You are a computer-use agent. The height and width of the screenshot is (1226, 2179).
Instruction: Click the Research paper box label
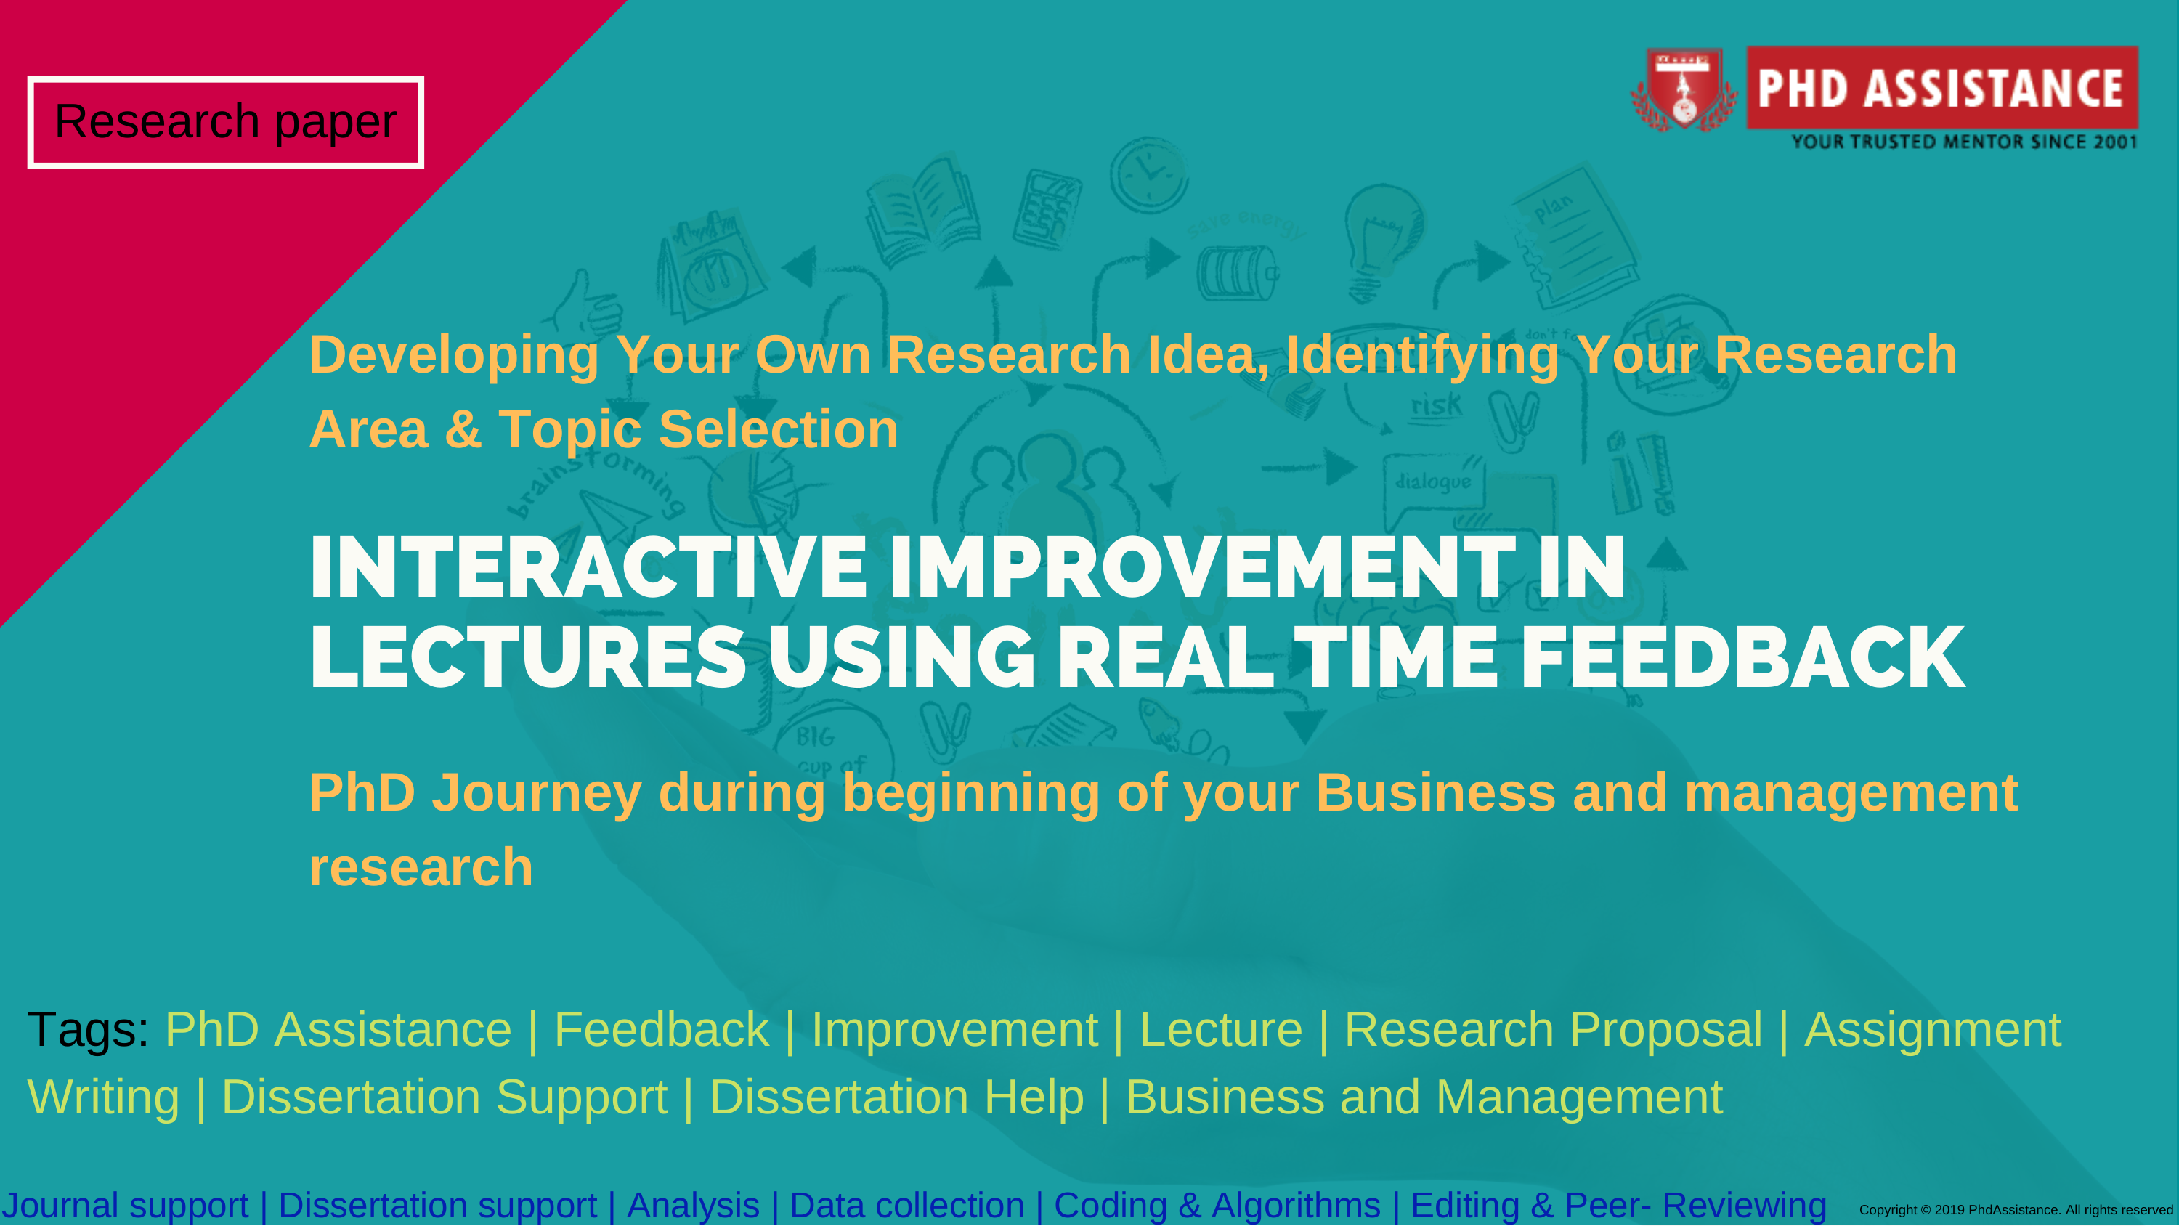click(x=225, y=123)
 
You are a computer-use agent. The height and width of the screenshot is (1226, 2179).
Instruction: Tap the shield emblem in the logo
click(x=1684, y=89)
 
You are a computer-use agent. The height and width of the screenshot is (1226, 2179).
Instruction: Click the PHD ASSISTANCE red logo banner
click(x=1942, y=87)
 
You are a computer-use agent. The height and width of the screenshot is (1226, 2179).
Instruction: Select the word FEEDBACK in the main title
click(x=1742, y=657)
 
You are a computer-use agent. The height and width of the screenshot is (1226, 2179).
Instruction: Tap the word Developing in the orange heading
click(x=454, y=354)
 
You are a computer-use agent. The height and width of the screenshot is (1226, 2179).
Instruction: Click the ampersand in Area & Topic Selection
click(x=463, y=429)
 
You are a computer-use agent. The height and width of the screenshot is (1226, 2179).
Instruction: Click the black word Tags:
click(x=88, y=1030)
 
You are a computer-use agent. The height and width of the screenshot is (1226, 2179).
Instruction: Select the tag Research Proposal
click(x=1553, y=1030)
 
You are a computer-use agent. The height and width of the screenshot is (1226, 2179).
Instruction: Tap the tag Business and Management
click(x=1424, y=1097)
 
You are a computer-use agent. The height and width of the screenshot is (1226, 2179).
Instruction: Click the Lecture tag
click(x=1221, y=1030)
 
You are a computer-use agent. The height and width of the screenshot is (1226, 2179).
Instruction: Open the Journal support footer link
click(x=125, y=1205)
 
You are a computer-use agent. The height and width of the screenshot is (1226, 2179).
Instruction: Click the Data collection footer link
click(x=906, y=1205)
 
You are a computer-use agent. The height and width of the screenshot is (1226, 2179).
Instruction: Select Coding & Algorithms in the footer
click(x=1217, y=1205)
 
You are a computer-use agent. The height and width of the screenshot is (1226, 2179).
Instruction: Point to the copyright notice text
click(x=2016, y=1210)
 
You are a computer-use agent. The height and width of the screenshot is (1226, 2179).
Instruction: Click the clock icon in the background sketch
click(x=1149, y=174)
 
